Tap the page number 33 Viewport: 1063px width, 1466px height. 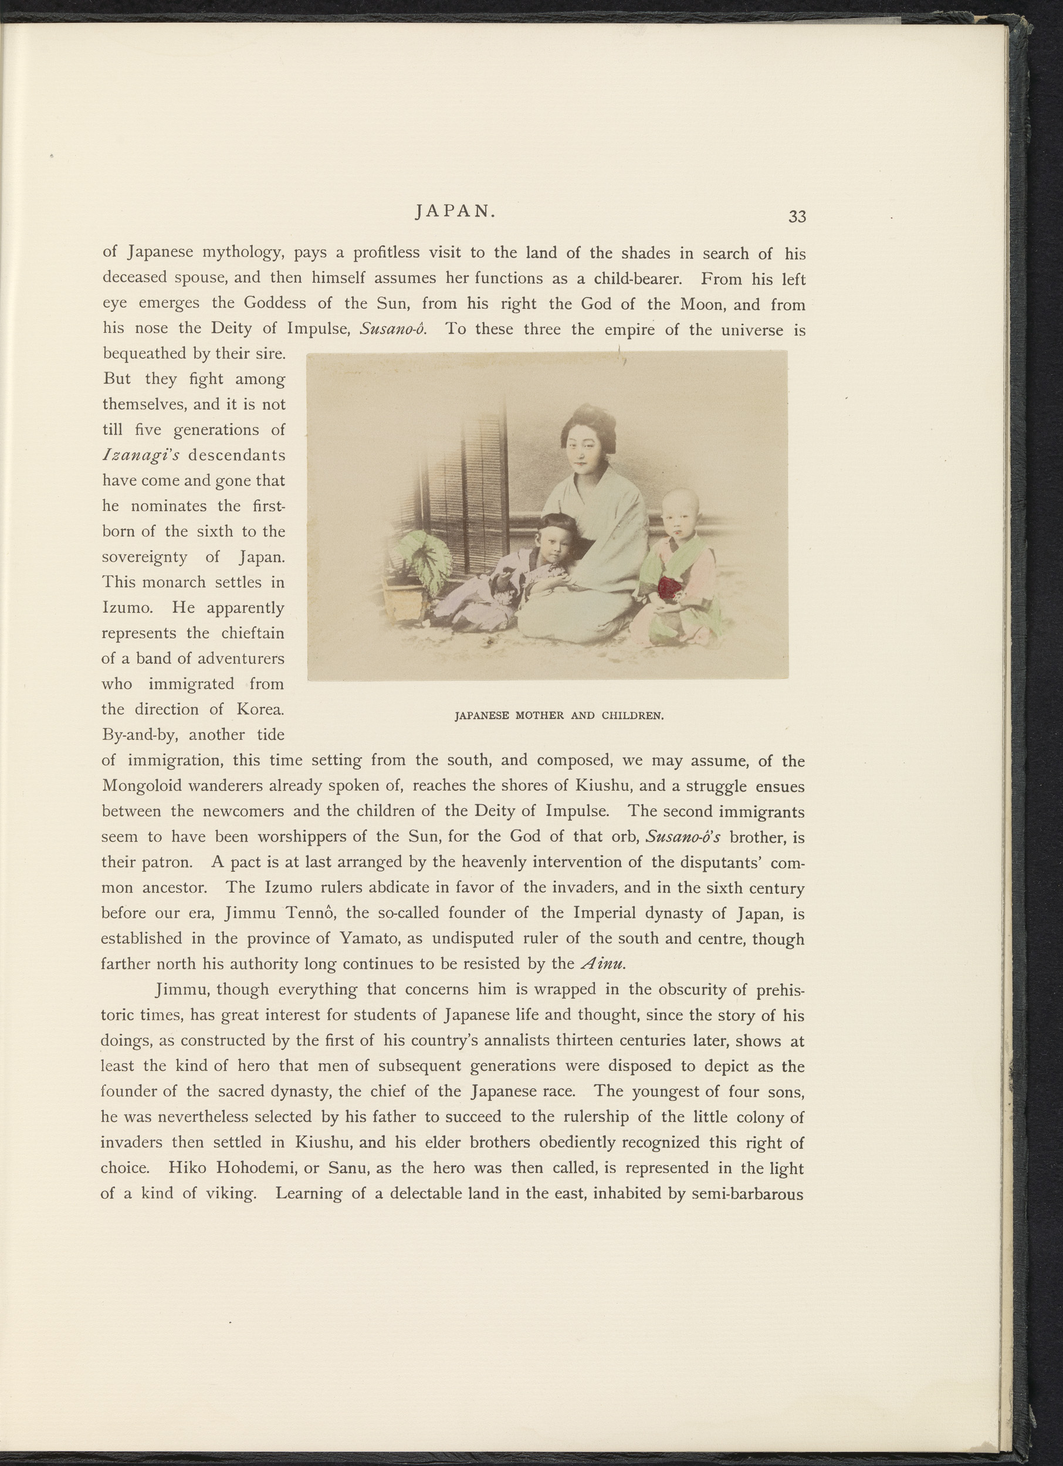[x=797, y=216]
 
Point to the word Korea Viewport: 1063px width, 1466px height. [x=259, y=709]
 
